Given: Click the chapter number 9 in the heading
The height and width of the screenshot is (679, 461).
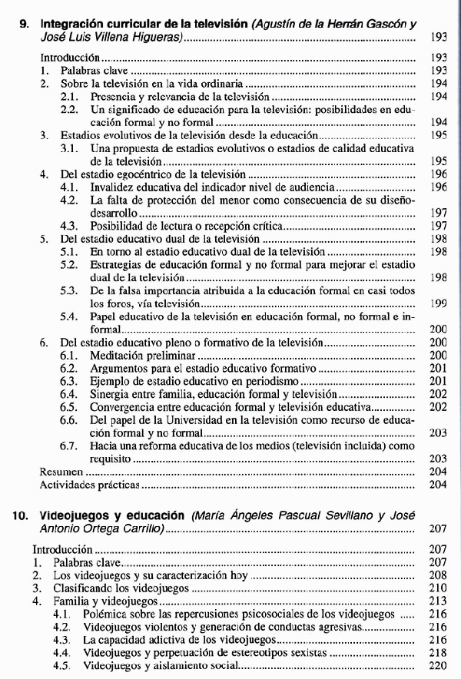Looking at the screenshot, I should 23,24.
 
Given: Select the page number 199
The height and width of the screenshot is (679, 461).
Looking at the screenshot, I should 439,303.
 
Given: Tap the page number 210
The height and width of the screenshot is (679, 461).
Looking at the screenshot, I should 439,588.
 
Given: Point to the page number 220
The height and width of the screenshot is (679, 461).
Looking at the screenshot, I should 439,665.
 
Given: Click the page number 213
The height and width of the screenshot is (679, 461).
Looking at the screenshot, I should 439,601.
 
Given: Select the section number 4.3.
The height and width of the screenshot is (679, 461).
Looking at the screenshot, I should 69,226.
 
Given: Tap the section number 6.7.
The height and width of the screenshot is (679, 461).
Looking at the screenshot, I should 69,445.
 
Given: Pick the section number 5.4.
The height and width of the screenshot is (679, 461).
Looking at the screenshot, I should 69,316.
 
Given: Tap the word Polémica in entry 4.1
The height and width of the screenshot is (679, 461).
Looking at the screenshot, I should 106,614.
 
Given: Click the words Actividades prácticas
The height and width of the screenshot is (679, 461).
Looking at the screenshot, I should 90,485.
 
